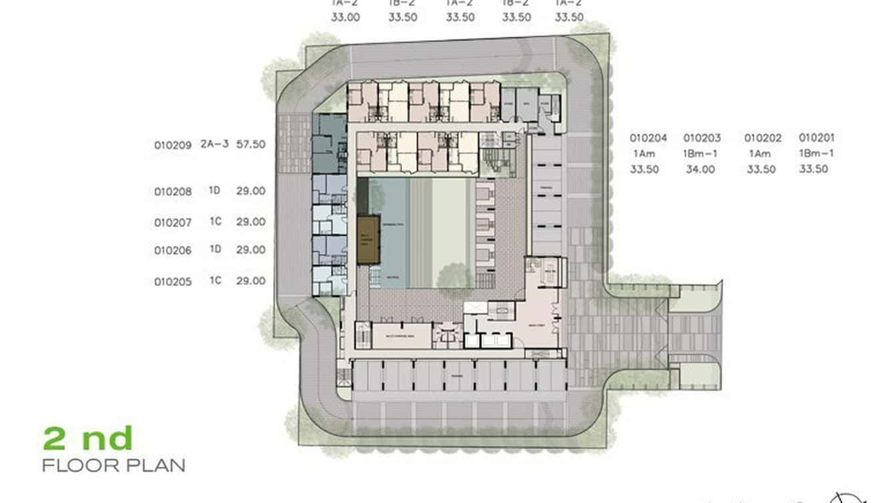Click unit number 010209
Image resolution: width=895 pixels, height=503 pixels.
coord(173,145)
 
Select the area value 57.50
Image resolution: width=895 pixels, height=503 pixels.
coord(251,144)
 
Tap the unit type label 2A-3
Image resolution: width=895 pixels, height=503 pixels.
coord(215,144)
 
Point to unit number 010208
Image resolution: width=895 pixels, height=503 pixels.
coord(173,191)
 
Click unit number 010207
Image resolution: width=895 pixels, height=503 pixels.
coord(173,222)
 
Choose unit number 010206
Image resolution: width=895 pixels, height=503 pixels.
coord(173,251)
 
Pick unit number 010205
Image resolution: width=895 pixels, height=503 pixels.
coord(173,282)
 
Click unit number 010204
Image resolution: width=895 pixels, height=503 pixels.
coord(648,138)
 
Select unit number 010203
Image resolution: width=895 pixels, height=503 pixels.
coord(702,138)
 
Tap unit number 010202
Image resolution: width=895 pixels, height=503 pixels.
coord(763,138)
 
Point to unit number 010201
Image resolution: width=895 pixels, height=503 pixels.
coord(817,138)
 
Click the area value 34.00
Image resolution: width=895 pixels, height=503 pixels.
coord(700,169)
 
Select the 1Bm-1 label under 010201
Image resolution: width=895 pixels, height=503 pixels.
coord(817,153)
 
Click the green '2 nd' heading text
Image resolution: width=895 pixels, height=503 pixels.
coord(88,439)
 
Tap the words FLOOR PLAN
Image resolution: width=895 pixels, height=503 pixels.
coord(113,465)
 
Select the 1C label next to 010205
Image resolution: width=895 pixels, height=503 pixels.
coord(215,281)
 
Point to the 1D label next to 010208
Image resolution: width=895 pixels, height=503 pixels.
coord(215,191)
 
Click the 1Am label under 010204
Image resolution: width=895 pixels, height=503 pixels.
coord(644,153)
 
